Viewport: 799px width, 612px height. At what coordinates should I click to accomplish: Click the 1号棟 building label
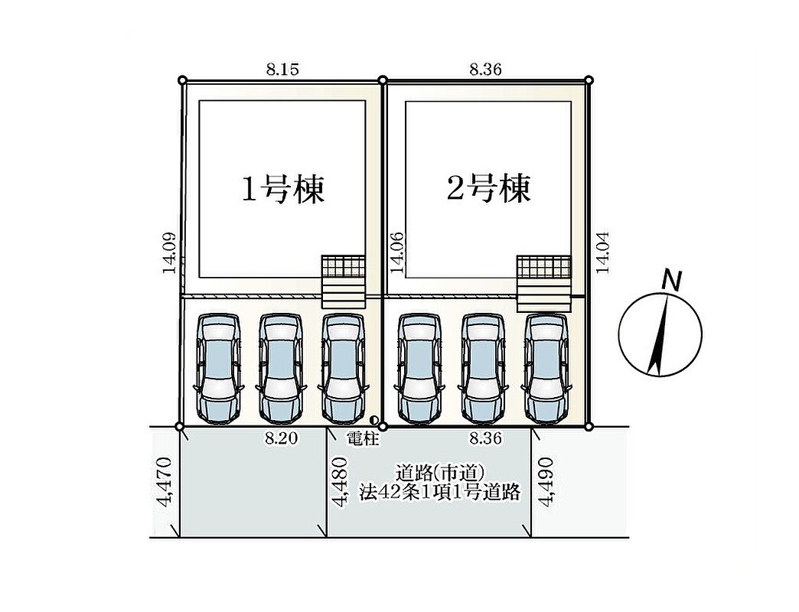(283, 190)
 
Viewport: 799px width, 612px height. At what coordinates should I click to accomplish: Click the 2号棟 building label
(489, 188)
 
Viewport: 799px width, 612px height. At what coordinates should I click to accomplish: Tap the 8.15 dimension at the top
(282, 70)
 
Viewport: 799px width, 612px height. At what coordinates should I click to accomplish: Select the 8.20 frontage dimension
(282, 438)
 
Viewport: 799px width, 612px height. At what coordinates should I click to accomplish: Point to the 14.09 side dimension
(169, 253)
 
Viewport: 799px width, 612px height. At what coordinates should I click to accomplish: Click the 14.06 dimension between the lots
(396, 252)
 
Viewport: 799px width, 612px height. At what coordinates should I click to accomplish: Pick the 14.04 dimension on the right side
(603, 252)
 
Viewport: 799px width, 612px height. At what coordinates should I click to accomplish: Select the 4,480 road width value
(340, 482)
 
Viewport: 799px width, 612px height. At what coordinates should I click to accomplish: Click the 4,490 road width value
(546, 482)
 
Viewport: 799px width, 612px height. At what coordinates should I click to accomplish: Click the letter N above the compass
(673, 281)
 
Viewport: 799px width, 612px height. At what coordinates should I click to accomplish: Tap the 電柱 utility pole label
(364, 438)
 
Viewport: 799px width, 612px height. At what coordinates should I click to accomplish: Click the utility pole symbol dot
(373, 420)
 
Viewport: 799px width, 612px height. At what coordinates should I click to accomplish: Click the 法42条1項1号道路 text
(440, 493)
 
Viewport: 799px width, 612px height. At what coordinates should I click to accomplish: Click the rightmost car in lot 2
(546, 368)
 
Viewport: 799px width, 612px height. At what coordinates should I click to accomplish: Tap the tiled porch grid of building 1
(343, 266)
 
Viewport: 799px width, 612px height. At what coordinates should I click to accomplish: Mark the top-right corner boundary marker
(589, 80)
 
